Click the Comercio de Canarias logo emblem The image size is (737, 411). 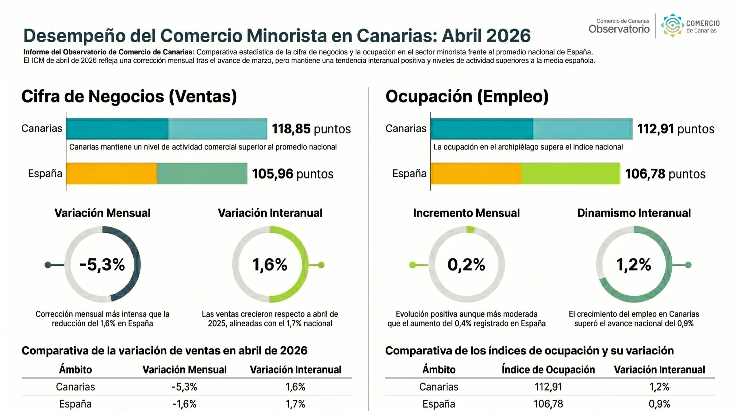pos(672,25)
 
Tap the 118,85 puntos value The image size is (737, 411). pos(311,129)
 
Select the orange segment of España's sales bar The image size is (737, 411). pos(111,173)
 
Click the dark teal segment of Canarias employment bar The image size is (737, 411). pos(482,129)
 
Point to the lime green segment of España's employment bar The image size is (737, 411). pos(571,173)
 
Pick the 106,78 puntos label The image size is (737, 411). pos(665,174)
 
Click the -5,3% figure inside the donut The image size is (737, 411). pos(102,265)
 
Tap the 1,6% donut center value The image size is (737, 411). pos(270,265)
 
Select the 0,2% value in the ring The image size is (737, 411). pos(466,265)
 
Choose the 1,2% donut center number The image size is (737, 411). pos(634,265)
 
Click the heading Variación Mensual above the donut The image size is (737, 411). pos(102,213)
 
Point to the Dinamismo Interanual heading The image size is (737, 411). pos(634,213)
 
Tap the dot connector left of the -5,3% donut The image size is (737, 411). pos(48,265)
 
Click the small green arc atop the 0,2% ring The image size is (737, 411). pos(470,230)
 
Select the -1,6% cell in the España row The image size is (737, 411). pos(184,404)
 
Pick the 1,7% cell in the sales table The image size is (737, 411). pos(295,404)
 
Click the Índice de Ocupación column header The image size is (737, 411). pos(548,370)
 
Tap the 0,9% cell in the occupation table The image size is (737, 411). pos(659,404)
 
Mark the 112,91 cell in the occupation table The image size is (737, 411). pos(548,387)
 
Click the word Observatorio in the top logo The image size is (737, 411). pos(619,29)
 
